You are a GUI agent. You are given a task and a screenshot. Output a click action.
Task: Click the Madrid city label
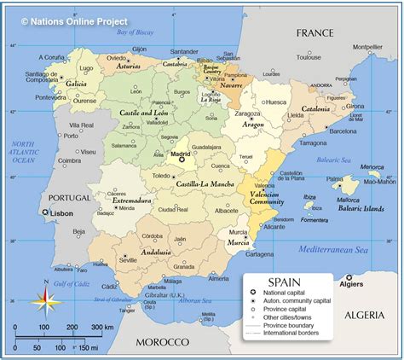point(181,154)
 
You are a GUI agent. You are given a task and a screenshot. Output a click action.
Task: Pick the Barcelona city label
point(343,131)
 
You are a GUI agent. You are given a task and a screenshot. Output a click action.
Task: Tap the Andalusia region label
point(156,252)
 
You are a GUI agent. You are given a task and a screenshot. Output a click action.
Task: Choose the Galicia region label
point(76,84)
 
